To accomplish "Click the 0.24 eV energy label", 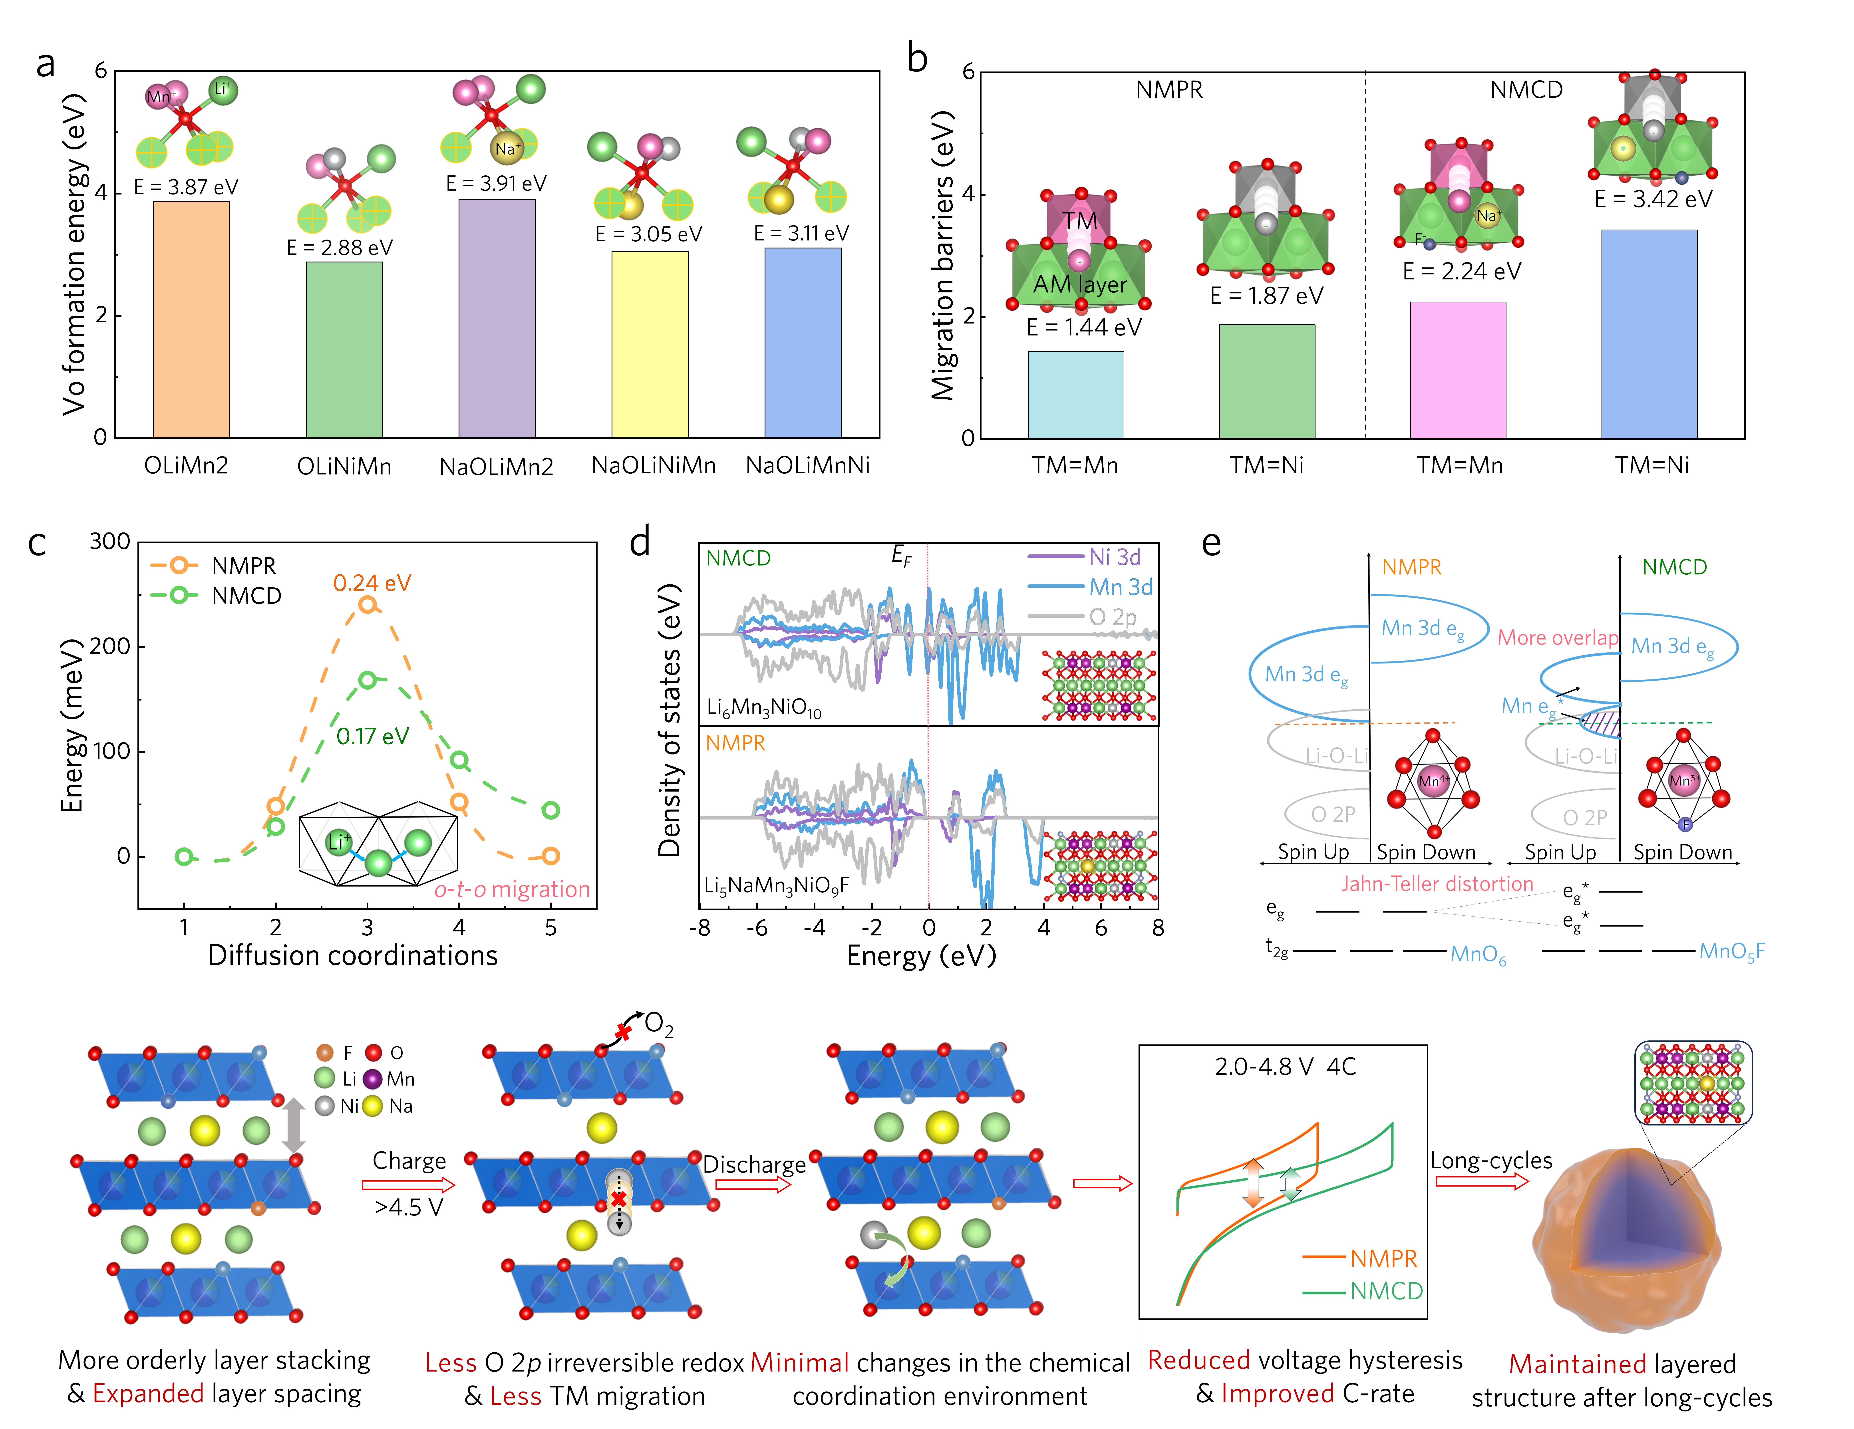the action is (372, 583).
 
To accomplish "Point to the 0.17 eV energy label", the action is (373, 736).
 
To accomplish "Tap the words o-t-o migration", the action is (512, 889).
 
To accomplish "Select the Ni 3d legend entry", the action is (1115, 557).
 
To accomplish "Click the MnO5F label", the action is (1732, 952).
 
